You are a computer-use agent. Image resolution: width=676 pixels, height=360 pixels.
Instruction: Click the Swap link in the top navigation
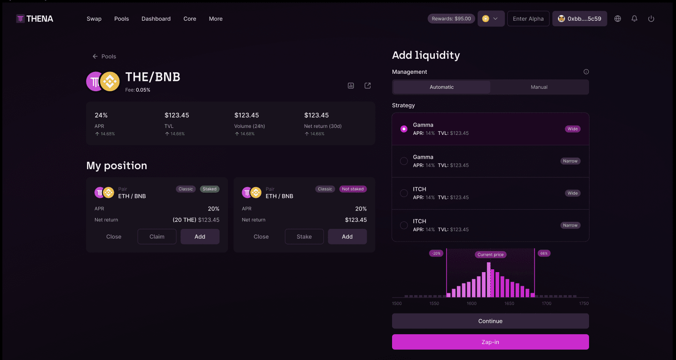point(94,19)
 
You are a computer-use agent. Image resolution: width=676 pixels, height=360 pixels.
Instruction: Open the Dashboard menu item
point(156,19)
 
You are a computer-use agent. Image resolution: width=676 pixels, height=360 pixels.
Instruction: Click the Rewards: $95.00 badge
point(451,19)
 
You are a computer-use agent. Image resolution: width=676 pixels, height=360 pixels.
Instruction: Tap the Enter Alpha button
point(528,19)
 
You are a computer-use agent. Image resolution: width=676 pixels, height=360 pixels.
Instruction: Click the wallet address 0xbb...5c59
point(580,19)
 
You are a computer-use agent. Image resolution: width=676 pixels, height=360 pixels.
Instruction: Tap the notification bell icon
point(634,19)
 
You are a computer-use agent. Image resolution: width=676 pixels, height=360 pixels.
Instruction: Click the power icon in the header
point(651,19)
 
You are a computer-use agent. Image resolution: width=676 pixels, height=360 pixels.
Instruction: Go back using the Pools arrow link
point(104,56)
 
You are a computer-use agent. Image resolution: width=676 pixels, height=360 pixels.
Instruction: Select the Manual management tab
point(539,87)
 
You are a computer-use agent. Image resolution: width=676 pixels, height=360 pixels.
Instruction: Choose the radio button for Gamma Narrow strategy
point(404,161)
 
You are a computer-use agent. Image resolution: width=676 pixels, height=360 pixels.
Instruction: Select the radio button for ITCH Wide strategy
point(404,193)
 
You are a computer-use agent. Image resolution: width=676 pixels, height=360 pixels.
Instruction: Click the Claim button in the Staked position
point(157,236)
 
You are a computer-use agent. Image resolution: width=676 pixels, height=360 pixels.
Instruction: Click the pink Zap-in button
point(490,342)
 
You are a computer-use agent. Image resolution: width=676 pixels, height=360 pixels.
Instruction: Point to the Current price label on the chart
point(490,255)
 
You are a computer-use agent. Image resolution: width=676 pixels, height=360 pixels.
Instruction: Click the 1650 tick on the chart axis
point(509,303)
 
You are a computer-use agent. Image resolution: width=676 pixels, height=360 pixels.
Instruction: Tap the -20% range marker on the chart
point(436,253)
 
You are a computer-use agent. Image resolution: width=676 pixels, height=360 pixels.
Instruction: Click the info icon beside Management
point(586,72)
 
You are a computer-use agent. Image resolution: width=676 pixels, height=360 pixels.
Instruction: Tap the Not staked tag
point(353,189)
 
